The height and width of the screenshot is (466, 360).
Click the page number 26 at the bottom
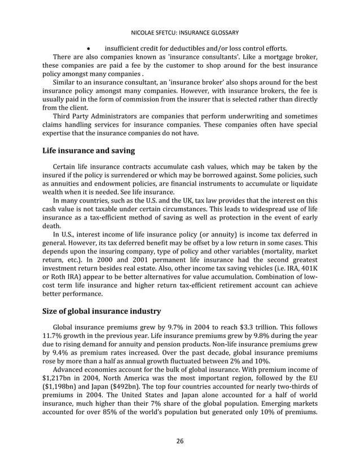179,441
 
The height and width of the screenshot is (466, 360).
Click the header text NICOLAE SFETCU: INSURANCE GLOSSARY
179,32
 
